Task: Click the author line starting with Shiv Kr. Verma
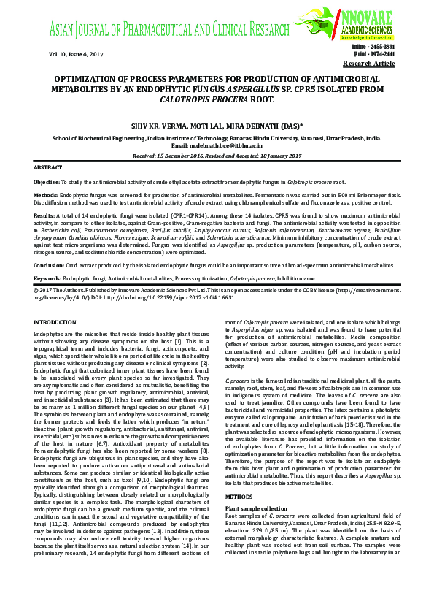tap(216, 126)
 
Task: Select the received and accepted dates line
tap(217, 155)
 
